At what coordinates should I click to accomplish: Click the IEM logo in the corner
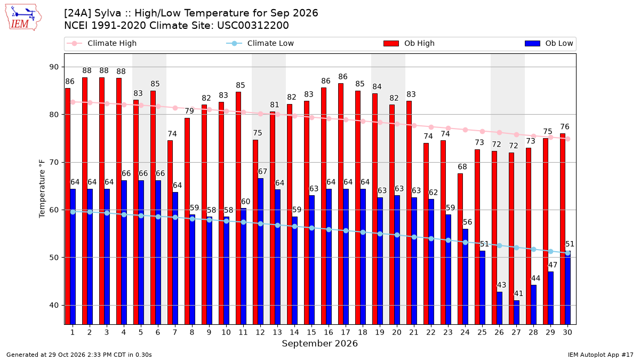[23, 18]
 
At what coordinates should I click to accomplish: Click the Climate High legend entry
[101, 43]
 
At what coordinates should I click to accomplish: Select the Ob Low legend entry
[549, 43]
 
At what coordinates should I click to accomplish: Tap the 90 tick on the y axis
[54, 67]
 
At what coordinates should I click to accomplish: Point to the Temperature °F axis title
[42, 189]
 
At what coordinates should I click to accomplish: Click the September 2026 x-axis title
[319, 343]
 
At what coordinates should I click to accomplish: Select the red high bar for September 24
[460, 249]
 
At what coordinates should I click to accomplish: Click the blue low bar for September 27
[516, 313]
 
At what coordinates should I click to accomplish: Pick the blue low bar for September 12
[260, 251]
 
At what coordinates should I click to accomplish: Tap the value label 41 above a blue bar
[518, 294]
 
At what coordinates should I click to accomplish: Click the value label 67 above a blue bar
[262, 171]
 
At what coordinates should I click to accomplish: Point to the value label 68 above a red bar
[462, 166]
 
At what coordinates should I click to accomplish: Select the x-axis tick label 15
[311, 332]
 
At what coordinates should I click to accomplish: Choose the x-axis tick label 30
[567, 332]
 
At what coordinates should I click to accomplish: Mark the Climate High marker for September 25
[482, 131]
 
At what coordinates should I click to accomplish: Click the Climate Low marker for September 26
[499, 245]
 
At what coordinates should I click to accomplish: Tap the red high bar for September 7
[170, 233]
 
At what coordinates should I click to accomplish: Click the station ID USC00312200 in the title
[253, 26]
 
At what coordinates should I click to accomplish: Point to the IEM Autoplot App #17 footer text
[601, 355]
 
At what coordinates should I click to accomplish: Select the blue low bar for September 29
[550, 298]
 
